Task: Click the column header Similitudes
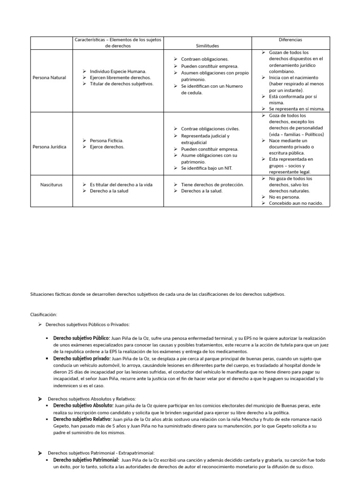click(208, 46)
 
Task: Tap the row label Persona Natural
click(49, 77)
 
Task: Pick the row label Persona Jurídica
click(49, 147)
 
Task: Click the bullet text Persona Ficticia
click(107, 141)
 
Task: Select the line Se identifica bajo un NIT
click(206, 168)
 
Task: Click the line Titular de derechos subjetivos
click(121, 83)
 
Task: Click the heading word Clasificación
click(44, 315)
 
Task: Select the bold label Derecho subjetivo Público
click(82, 338)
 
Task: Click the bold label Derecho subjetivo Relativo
click(82, 419)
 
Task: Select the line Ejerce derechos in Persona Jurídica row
click(107, 147)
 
